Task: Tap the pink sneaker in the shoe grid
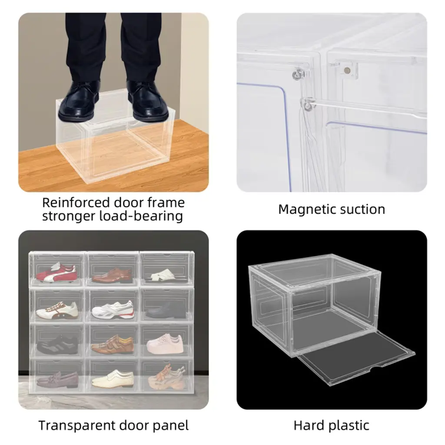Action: click(165, 344)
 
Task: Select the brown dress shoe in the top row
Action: click(113, 276)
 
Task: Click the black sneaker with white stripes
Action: click(58, 345)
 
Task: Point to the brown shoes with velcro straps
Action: click(113, 344)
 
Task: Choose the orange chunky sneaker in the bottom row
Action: click(166, 378)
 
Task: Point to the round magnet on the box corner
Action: click(346, 70)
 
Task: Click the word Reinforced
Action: click(76, 203)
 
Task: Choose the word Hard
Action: click(309, 425)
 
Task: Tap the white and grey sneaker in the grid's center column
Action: click(113, 309)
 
